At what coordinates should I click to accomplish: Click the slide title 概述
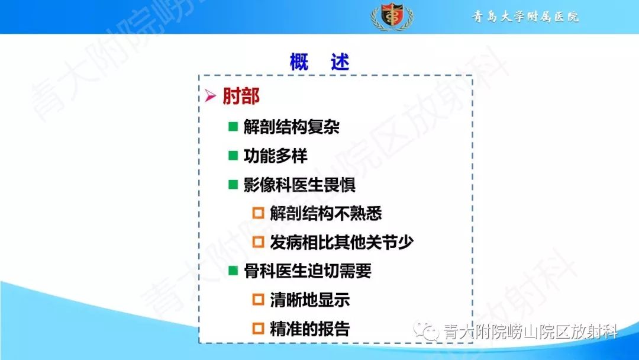click(319, 62)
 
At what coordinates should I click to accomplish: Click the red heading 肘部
click(241, 97)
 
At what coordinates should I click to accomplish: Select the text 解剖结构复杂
click(292, 127)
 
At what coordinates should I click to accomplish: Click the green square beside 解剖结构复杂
click(233, 127)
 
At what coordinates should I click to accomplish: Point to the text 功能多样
click(276, 156)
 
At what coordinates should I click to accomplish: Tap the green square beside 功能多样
click(233, 156)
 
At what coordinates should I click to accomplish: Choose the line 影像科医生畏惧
click(300, 185)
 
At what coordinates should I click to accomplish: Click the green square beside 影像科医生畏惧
click(233, 185)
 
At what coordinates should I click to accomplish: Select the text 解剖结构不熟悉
click(326, 214)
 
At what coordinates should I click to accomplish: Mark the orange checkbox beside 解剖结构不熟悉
click(258, 214)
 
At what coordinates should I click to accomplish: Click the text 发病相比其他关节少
click(342, 242)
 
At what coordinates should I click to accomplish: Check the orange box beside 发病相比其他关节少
click(258, 242)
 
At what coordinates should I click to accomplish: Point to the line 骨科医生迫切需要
click(308, 271)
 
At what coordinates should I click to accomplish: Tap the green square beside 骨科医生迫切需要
click(233, 271)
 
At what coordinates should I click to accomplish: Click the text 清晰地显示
click(310, 300)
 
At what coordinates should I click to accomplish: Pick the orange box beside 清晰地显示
click(258, 300)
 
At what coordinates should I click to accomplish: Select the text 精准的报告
click(310, 329)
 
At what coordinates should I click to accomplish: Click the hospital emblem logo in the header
click(392, 16)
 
